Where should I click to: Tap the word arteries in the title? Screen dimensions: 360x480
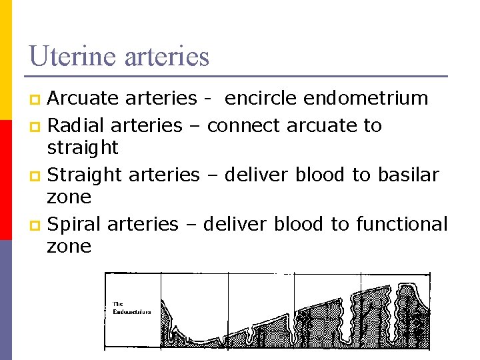click(x=167, y=56)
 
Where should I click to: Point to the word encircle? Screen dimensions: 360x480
click(x=261, y=99)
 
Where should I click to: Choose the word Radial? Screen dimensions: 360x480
click(x=77, y=125)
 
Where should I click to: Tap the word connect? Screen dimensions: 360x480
click(x=246, y=125)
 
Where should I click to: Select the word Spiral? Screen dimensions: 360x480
click(x=75, y=224)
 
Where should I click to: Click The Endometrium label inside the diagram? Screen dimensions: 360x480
click(x=131, y=308)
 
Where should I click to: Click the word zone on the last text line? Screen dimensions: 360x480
click(x=69, y=247)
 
